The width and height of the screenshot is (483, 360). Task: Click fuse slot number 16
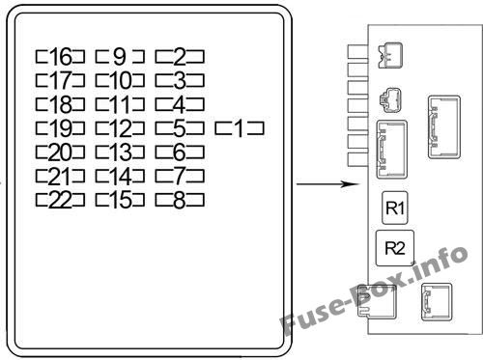[60, 56]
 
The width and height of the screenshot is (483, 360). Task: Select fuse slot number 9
[120, 56]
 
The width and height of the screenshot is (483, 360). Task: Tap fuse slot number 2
[180, 56]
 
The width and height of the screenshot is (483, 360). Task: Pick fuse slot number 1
[240, 128]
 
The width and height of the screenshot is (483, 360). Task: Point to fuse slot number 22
[60, 200]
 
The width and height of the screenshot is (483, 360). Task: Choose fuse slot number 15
[120, 200]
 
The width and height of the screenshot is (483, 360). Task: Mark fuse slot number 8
[180, 200]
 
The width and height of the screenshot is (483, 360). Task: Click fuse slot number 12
[120, 128]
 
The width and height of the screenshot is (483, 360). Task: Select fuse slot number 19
[60, 128]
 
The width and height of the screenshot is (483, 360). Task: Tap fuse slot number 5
[180, 128]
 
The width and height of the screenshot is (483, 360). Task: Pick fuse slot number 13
[120, 152]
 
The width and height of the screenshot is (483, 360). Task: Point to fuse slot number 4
[180, 104]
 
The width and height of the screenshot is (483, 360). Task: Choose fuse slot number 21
[60, 176]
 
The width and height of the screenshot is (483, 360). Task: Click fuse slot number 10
[120, 80]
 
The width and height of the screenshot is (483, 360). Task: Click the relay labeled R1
[395, 208]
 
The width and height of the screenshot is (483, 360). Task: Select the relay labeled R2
[395, 248]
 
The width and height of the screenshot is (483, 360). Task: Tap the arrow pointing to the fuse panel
[327, 184]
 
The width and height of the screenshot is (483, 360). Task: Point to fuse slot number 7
[180, 176]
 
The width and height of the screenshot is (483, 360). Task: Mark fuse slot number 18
[60, 104]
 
